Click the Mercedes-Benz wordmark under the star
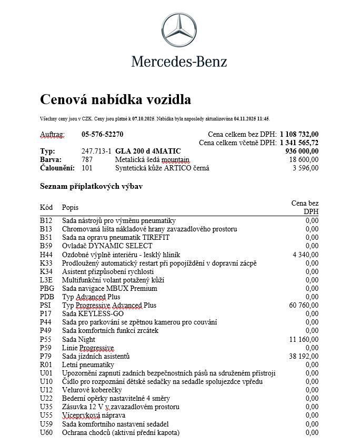tap(179, 62)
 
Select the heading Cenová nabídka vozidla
tap(115, 99)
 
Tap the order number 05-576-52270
tap(102, 134)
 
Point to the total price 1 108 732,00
tap(299, 134)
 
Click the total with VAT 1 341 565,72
tap(299, 143)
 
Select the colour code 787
tap(87, 159)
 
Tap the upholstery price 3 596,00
tap(306, 168)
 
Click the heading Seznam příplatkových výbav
tap(91, 186)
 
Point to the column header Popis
tap(70, 207)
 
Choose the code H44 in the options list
tap(46, 254)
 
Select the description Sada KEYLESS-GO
tap(93, 313)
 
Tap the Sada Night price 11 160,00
tap(304, 339)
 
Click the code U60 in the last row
tap(46, 432)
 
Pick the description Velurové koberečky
tap(92, 390)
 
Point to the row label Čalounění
tap(57, 168)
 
